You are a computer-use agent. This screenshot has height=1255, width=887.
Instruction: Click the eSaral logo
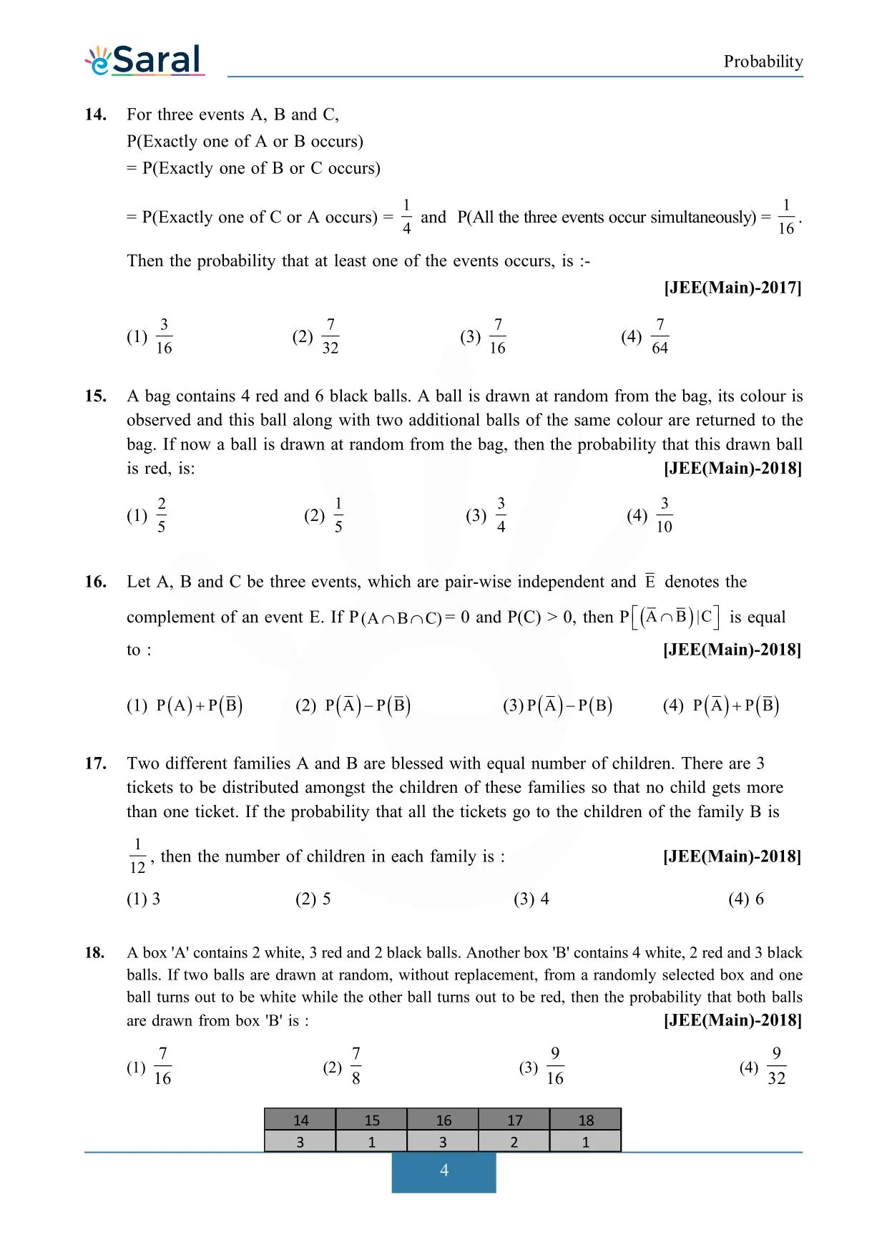click(144, 60)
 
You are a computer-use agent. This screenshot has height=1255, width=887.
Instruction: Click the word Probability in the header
click(763, 62)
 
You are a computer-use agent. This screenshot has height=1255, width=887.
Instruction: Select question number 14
click(96, 114)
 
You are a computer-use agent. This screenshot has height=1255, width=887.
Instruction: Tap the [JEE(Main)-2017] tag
click(732, 288)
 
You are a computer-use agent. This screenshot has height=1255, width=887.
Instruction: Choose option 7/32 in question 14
click(330, 336)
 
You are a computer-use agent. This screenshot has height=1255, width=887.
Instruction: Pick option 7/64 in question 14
click(660, 336)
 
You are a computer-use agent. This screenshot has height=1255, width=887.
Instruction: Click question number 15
click(96, 396)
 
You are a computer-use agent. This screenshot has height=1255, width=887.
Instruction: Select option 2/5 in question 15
click(162, 515)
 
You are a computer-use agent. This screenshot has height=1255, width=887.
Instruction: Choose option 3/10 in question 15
click(664, 515)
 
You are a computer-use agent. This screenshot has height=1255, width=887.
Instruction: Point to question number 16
click(96, 582)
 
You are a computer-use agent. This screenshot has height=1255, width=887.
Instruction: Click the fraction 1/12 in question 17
click(137, 856)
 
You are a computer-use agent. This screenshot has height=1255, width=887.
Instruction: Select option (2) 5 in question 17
click(313, 899)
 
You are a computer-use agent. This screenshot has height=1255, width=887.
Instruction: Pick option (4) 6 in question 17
click(746, 899)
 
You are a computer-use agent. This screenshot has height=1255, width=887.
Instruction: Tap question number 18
click(94, 952)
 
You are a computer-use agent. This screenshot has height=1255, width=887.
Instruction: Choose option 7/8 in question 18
click(356, 1066)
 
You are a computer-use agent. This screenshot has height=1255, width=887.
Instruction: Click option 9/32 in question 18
click(776, 1066)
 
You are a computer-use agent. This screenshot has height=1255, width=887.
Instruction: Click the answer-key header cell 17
click(514, 1120)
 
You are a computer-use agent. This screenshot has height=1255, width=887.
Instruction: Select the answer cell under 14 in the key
click(300, 1142)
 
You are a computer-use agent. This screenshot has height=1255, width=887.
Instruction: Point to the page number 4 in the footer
click(443, 1171)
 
